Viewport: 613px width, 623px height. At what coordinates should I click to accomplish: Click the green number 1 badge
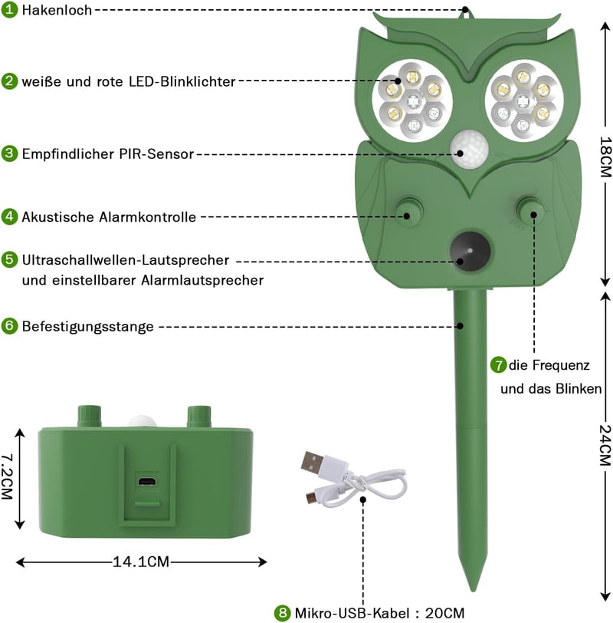(x=9, y=9)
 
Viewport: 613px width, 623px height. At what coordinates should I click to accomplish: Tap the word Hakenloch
(x=57, y=10)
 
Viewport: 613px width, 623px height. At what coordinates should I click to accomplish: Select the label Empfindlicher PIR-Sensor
(x=108, y=153)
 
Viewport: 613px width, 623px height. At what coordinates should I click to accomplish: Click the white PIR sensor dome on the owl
(x=469, y=150)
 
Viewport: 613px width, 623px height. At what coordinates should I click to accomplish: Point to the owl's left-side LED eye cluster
(x=412, y=100)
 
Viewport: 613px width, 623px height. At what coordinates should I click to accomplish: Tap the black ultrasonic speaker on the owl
(x=470, y=252)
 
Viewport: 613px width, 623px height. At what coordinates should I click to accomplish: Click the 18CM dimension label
(x=605, y=157)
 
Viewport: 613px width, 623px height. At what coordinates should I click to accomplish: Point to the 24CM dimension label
(x=605, y=445)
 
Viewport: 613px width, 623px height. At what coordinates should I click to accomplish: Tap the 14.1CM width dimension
(x=141, y=562)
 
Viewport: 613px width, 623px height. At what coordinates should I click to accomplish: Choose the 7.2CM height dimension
(x=7, y=476)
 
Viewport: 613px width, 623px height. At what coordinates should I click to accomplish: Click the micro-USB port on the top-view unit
(x=147, y=482)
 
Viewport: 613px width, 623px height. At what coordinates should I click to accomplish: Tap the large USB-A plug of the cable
(x=313, y=463)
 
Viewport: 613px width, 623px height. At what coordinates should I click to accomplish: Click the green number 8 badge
(x=283, y=613)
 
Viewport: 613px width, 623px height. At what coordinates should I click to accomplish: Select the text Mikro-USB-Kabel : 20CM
(x=379, y=613)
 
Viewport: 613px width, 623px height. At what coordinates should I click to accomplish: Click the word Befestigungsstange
(x=87, y=326)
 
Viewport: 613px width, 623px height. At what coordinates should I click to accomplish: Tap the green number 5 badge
(x=9, y=259)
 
